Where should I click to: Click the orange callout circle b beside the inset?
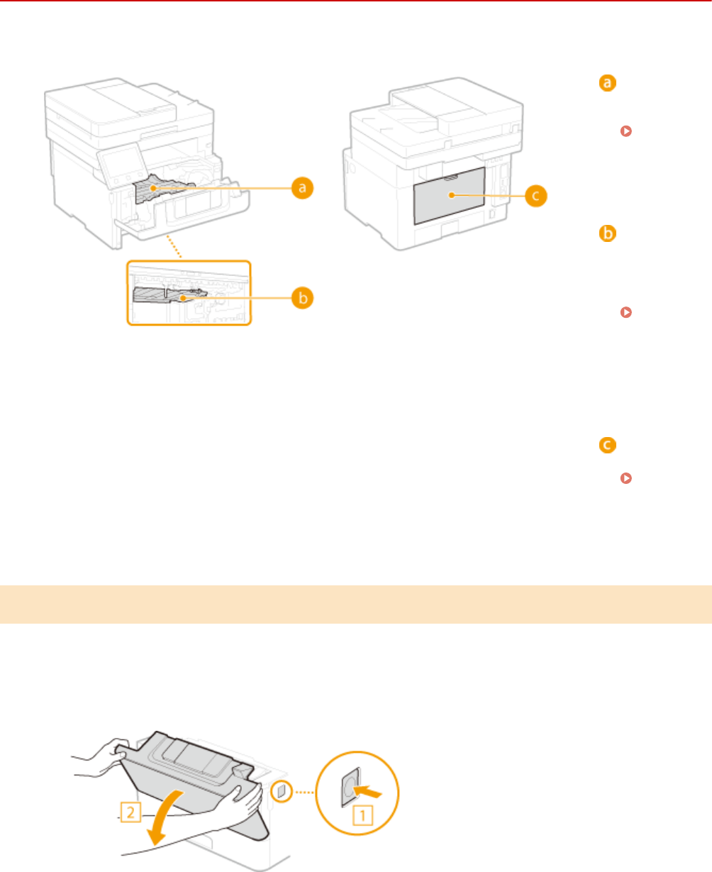(x=304, y=299)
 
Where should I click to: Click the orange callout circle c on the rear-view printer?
(x=537, y=195)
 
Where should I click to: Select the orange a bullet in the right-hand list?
(x=607, y=84)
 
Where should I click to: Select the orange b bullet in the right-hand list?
(x=607, y=233)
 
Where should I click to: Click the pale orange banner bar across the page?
(x=356, y=605)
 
